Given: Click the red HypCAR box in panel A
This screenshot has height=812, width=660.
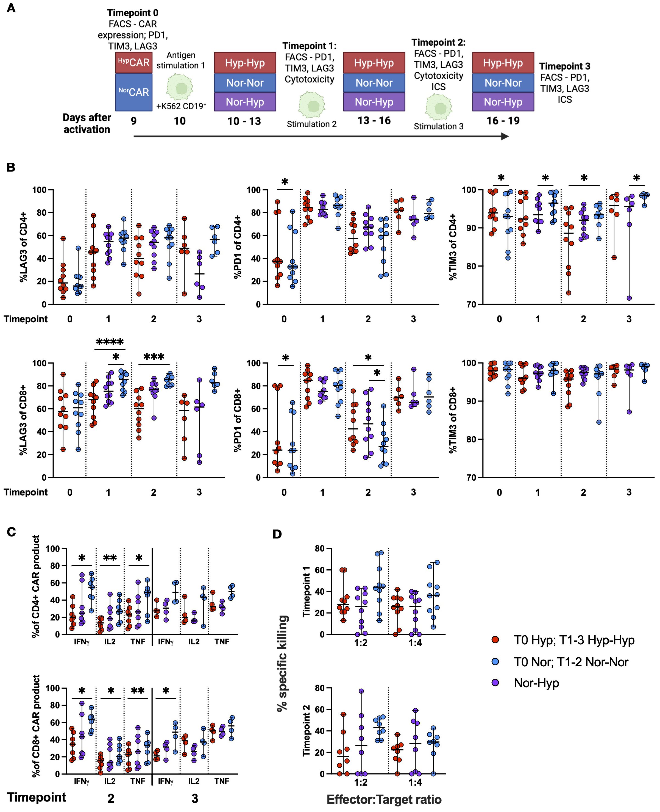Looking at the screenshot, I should point(133,62).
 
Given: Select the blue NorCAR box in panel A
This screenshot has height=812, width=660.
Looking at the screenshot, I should point(133,92).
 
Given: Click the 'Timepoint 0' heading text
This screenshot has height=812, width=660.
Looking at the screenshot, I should point(133,13).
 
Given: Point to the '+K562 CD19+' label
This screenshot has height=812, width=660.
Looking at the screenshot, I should point(181,106).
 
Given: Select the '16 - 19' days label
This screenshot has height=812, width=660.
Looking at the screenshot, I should point(503,121).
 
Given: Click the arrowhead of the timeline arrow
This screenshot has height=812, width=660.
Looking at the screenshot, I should point(505,136).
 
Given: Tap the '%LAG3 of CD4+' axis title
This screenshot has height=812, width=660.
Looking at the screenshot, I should point(24,247).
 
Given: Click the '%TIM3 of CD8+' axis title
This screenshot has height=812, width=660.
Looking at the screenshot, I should point(453,420).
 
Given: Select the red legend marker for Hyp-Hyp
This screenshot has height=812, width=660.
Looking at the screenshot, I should point(495,640).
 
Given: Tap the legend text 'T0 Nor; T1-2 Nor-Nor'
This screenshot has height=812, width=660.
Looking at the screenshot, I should point(571,662).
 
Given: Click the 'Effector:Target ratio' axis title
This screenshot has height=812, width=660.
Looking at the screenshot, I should point(384,799).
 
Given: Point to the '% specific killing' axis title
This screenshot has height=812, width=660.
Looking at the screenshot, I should point(282,663).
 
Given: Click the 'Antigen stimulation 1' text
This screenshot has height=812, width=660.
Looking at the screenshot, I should point(181,60).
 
